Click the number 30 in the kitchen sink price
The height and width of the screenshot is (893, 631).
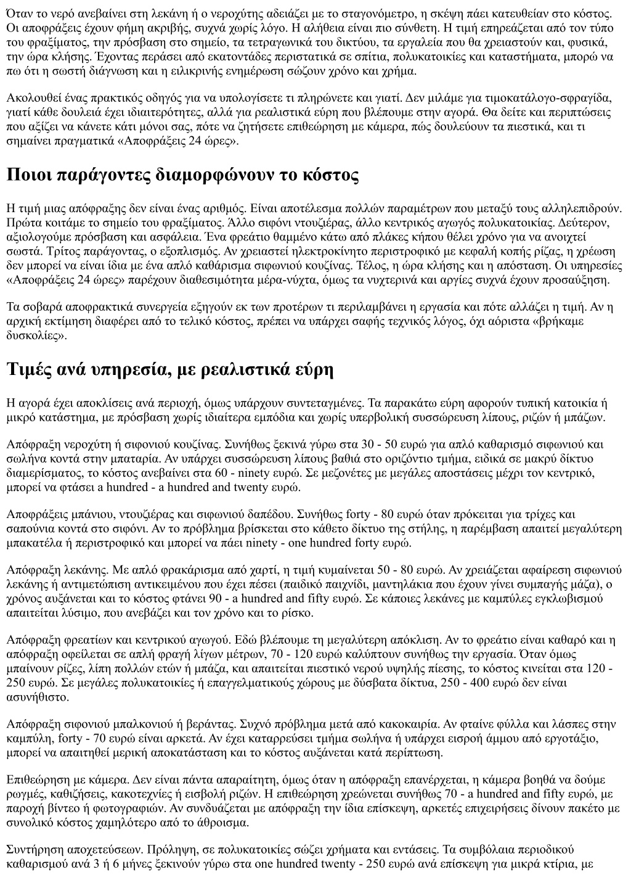coord(370,444)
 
